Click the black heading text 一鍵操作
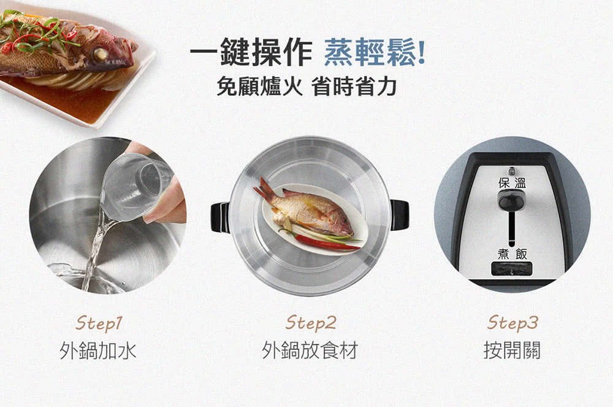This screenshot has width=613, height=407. [251, 52]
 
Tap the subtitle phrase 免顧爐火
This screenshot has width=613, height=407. [259, 86]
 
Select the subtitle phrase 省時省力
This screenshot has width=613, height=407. [354, 86]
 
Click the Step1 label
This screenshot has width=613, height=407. [99, 324]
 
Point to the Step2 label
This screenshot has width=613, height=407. [311, 323]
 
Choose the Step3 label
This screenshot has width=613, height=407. [512, 323]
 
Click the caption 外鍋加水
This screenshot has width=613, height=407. [98, 351]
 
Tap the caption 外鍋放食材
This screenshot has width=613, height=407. [310, 351]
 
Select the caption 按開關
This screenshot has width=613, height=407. [512, 351]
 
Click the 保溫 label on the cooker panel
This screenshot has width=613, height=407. [512, 183]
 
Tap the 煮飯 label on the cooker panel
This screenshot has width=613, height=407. [512, 254]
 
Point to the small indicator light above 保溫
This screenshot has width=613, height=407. [511, 171]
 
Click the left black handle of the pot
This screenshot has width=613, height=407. [220, 217]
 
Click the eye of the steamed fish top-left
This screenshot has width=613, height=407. [101, 54]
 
